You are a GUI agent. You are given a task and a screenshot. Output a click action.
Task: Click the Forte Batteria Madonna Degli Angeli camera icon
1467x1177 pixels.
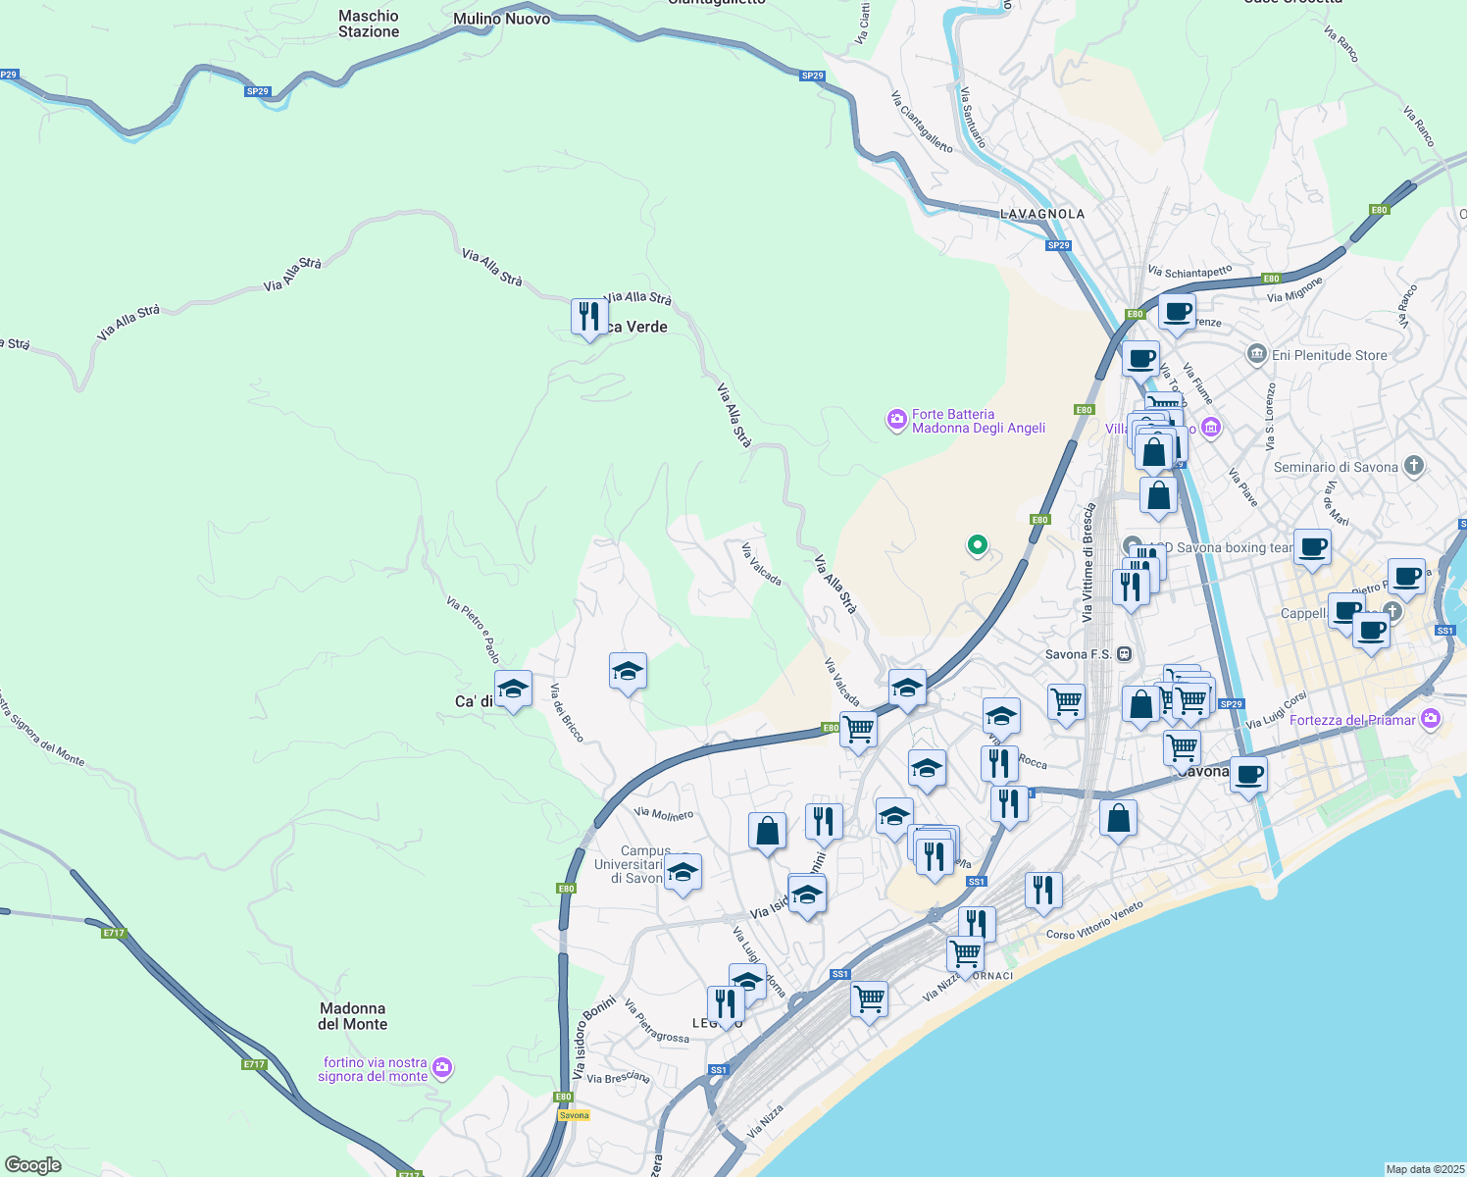point(897,421)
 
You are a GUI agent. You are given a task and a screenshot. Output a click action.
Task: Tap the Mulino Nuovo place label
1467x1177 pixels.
point(501,19)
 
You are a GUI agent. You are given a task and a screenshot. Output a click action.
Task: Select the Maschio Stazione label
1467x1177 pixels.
point(369,24)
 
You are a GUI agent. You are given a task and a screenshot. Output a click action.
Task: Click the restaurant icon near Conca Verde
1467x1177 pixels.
point(588,317)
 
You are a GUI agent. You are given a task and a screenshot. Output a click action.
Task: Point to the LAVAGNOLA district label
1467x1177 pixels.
point(1042,214)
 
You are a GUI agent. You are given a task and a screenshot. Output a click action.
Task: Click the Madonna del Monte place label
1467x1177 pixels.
point(353,1016)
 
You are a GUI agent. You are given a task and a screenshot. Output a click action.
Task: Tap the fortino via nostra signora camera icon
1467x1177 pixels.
point(442,1067)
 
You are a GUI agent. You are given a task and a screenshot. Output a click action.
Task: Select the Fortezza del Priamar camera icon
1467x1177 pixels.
point(1431,720)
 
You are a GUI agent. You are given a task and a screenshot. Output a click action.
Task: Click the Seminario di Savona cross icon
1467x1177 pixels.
point(1413,466)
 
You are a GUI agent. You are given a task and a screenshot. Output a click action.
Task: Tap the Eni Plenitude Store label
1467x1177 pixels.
point(1329,355)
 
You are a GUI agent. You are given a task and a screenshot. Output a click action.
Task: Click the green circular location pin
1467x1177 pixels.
point(977,544)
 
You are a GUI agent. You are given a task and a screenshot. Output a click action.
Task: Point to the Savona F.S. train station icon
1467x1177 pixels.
point(1124,654)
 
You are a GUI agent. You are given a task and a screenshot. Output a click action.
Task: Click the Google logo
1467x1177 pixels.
point(32,1165)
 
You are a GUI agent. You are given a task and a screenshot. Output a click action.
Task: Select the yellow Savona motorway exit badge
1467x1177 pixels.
point(574,1115)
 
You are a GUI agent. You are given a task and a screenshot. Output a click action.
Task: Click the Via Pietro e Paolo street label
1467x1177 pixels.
point(474,630)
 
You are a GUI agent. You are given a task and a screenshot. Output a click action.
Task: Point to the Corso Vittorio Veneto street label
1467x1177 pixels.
point(1094,921)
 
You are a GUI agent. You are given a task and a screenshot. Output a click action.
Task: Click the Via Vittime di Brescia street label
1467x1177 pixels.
point(1088,563)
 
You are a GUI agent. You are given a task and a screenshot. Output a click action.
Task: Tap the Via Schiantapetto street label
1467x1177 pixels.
point(1189,272)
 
